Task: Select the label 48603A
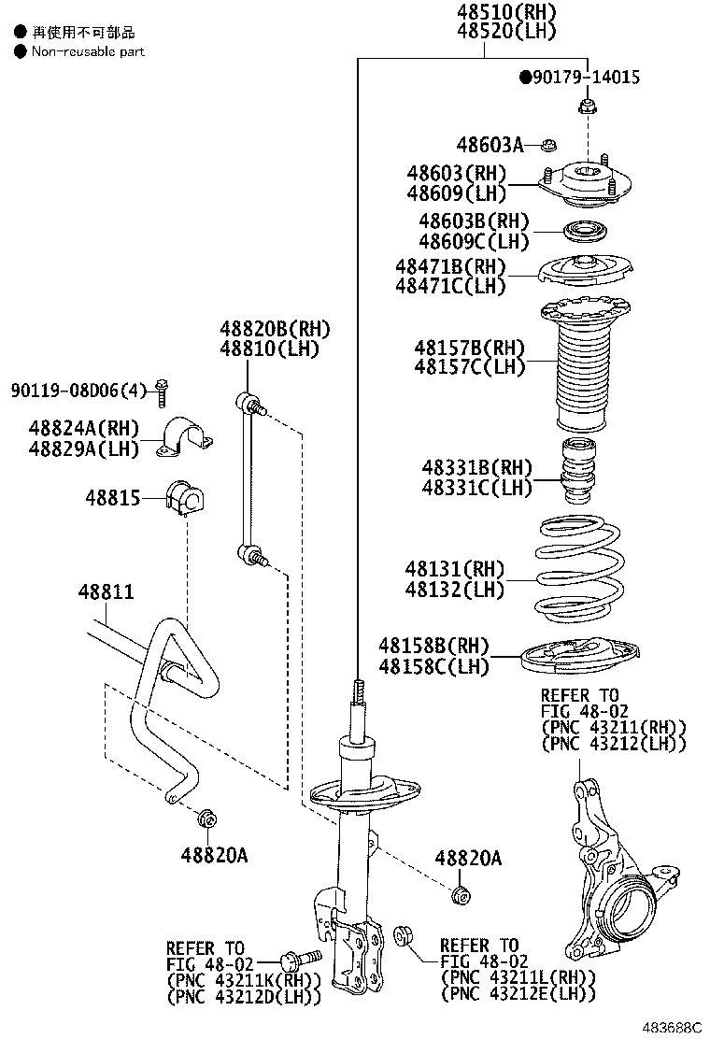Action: [x=489, y=145]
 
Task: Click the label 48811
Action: [x=106, y=591]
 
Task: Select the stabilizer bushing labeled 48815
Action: [x=184, y=498]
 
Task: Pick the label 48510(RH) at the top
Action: [x=506, y=11]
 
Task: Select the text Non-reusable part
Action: [x=88, y=51]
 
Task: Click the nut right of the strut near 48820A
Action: [x=459, y=894]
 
